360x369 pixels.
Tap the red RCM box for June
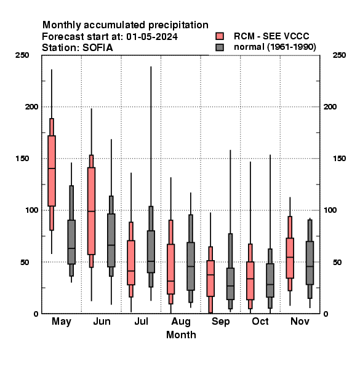91,211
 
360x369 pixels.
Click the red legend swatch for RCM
220,36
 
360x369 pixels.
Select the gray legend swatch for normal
220,47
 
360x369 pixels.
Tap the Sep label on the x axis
220,321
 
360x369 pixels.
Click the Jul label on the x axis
142,321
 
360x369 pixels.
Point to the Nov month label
300,321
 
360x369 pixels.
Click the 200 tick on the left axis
31,106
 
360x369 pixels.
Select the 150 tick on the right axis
339,159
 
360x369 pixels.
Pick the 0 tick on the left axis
36,314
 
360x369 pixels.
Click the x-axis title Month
181,335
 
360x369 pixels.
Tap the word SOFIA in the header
97,48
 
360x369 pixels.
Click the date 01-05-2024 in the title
152,37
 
